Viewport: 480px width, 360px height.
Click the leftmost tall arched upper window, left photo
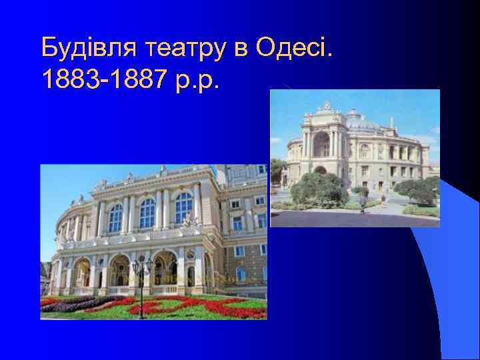pos(116,218)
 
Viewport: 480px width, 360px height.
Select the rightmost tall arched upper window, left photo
pos(183,208)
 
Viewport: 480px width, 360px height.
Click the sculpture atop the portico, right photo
pos(326,106)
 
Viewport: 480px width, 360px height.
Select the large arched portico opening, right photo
pos(321,145)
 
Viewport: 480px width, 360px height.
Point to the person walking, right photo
pos(363,205)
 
